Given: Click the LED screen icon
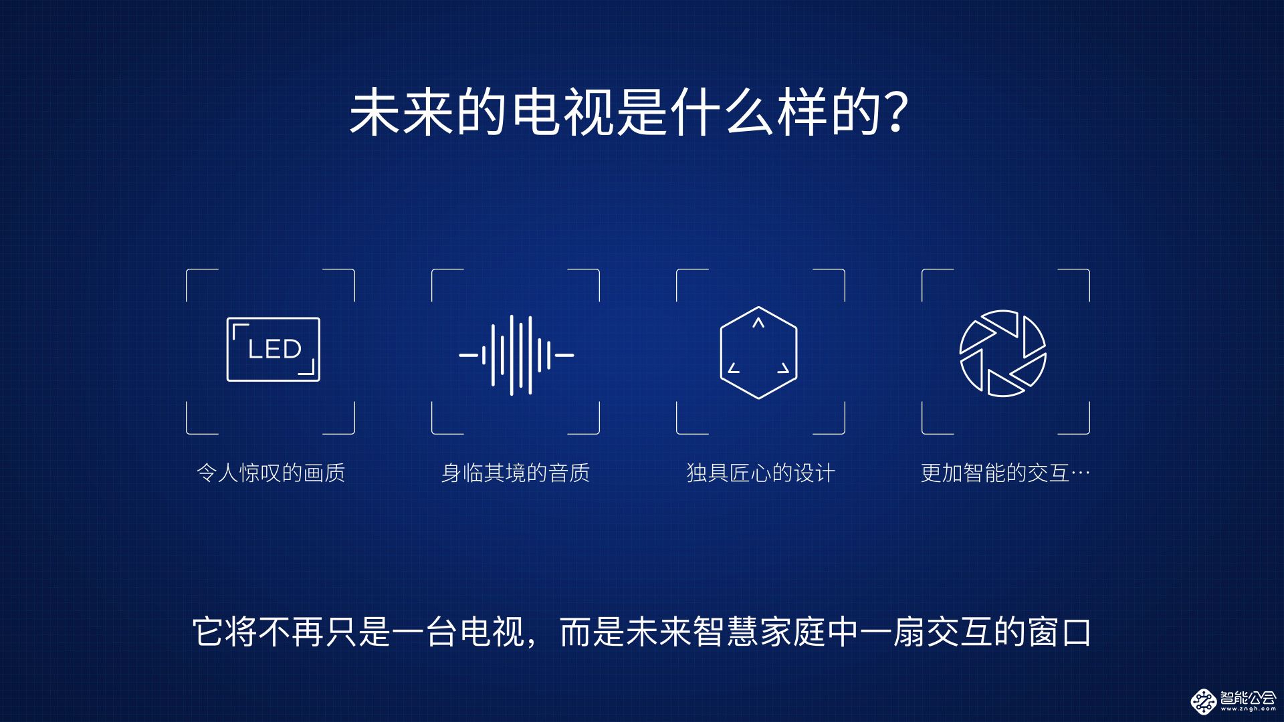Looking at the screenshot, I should point(273,350).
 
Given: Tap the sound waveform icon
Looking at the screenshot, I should point(516,355).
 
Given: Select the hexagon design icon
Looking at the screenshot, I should point(758,352).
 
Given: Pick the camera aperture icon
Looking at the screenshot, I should point(1002,353).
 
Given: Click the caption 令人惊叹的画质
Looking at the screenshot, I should point(271,473).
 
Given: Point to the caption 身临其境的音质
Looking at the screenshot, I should point(516,473).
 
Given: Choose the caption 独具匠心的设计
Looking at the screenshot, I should point(761,473).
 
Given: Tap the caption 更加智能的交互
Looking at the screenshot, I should point(994,473).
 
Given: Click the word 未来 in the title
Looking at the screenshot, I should point(402,112).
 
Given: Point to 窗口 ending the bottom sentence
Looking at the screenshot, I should point(1059,632).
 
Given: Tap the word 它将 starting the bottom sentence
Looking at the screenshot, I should point(225,632).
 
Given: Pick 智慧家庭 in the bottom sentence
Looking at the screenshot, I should point(759,632).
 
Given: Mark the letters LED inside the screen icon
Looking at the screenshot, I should point(275,349).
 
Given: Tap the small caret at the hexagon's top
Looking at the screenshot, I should point(758,323).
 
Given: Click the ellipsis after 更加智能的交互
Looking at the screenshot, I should point(1080,473).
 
